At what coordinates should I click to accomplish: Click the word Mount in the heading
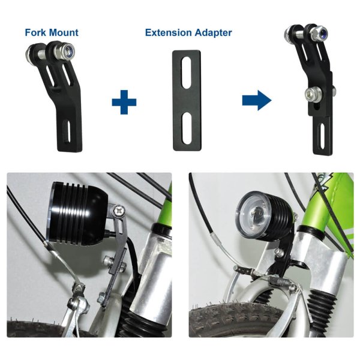(65, 32)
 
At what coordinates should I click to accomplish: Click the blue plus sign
(124, 101)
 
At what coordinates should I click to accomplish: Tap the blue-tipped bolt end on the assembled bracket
(323, 35)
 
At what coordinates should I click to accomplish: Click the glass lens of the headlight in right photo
(253, 213)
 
